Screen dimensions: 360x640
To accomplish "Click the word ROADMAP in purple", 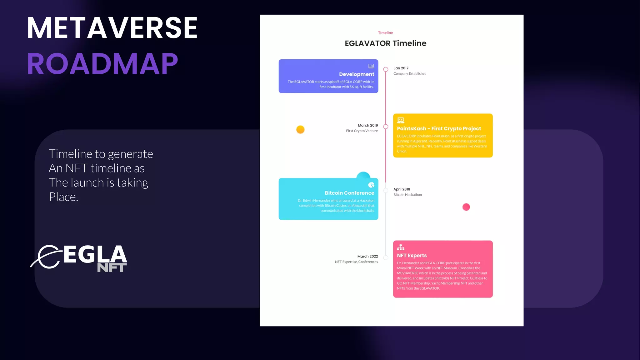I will point(102,64).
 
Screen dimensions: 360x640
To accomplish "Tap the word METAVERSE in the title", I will point(112,28).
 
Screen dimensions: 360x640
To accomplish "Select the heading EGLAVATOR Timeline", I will point(385,43).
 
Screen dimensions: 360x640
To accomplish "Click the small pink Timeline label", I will point(385,33).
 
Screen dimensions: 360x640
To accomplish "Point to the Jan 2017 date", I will point(401,68).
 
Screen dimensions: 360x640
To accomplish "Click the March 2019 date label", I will point(368,125).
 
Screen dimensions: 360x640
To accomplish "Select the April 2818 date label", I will point(402,189).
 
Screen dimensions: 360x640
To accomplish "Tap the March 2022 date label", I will point(367,256).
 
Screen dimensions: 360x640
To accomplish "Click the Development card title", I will point(357,74).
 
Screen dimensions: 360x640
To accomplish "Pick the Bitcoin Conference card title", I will point(349,193).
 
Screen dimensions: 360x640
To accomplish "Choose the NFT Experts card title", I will point(412,256).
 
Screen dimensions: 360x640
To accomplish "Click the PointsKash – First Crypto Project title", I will point(439,129).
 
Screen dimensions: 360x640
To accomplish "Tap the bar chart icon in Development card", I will point(371,66).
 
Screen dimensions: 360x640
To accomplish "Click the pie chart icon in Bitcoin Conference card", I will point(371,185).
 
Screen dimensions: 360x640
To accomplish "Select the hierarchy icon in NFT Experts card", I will point(401,247).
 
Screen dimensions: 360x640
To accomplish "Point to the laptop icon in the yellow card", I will point(401,120).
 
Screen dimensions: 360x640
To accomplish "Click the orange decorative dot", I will point(300,129).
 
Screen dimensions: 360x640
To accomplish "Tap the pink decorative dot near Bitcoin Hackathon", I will point(466,207).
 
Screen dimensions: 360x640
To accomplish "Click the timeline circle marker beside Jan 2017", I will point(386,69).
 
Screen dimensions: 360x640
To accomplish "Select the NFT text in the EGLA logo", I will point(112,268).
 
